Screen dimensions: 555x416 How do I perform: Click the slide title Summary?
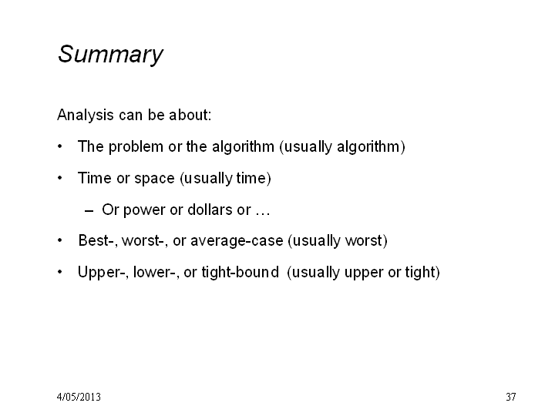110,55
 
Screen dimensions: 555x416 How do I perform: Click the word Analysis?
86,116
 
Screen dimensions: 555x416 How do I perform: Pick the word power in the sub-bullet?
144,210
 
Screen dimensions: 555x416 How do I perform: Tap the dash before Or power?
89,211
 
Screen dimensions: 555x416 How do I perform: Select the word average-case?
237,241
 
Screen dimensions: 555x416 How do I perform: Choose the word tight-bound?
240,273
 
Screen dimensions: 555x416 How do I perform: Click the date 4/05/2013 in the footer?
79,397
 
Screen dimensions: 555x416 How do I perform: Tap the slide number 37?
511,397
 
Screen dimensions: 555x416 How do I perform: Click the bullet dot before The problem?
60,146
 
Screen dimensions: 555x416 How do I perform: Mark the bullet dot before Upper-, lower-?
60,272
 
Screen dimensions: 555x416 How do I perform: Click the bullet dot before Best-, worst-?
60,240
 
